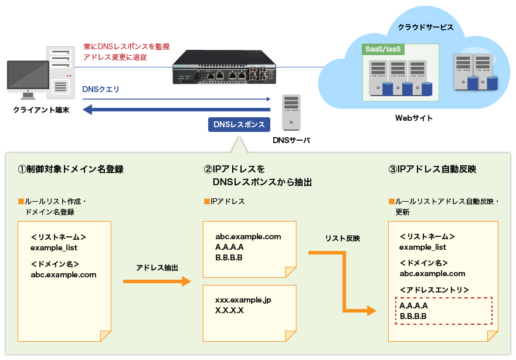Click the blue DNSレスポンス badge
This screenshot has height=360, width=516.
click(x=239, y=124)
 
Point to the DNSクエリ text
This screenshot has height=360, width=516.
click(x=101, y=89)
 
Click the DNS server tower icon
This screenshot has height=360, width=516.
click(x=291, y=112)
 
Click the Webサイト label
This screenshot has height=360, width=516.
click(x=414, y=118)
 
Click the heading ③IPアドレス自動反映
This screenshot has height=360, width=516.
click(x=432, y=169)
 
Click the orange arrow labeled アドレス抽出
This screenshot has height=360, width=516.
click(x=157, y=281)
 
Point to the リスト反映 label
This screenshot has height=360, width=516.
click(x=342, y=239)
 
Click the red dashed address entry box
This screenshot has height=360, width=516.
click(x=442, y=311)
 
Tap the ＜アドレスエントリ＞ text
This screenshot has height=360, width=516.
click(x=434, y=290)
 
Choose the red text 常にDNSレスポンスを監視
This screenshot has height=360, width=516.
click(x=126, y=46)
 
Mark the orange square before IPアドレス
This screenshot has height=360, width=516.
click(x=206, y=202)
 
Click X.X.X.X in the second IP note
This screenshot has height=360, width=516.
click(x=229, y=310)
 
